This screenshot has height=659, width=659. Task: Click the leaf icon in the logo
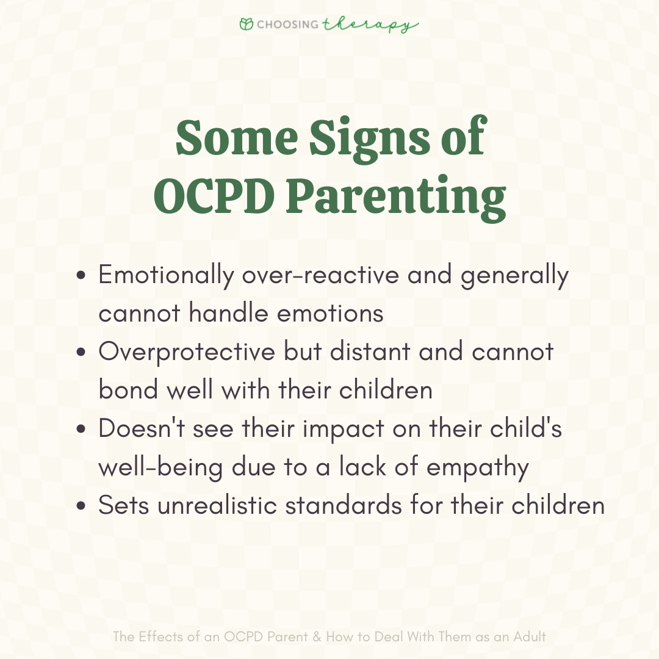247,24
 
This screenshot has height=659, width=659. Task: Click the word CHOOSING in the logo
288,25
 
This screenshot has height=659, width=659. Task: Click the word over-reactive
321,276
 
